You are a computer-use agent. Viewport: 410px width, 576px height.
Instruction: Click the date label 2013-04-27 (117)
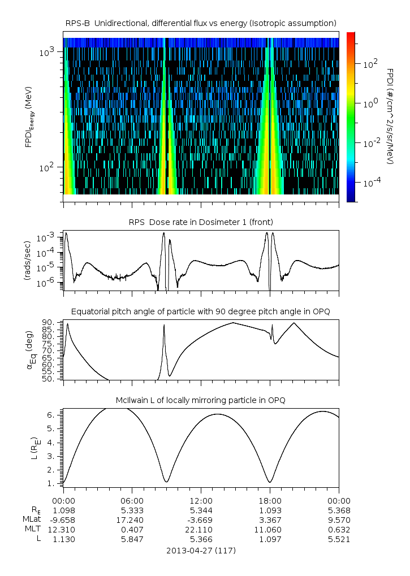point(201,550)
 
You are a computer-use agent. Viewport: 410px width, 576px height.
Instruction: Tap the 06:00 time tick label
point(132,500)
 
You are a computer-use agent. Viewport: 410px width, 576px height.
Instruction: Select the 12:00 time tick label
point(201,500)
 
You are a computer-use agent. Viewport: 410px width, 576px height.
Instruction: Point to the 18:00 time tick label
point(270,500)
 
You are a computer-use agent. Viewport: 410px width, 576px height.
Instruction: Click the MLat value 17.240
point(132,519)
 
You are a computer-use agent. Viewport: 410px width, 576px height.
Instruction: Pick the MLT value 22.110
point(201,530)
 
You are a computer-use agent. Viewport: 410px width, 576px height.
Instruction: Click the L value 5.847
point(132,539)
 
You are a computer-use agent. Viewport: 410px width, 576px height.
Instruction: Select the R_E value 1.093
point(270,510)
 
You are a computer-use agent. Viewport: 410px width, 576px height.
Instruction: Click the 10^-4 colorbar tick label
point(371,183)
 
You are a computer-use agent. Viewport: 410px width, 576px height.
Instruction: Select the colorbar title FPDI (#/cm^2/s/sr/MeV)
point(390,116)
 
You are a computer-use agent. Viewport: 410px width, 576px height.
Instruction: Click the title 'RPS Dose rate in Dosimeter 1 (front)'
point(201,222)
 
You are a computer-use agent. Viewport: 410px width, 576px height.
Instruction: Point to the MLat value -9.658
point(63,519)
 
